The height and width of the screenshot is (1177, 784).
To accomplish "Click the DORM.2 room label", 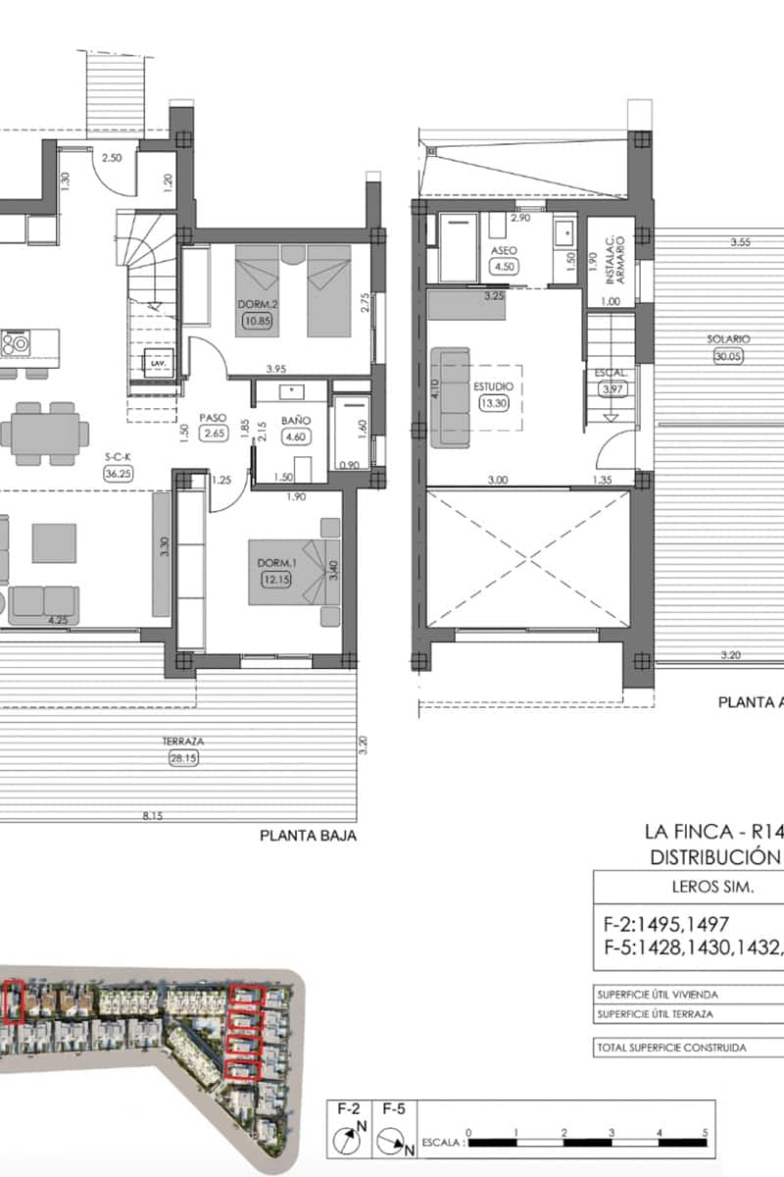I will tap(255, 304).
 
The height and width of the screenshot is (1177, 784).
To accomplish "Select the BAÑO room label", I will tap(295, 420).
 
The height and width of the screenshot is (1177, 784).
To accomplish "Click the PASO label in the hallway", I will tap(213, 417).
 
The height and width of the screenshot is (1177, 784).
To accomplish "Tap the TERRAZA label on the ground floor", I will tap(177, 742).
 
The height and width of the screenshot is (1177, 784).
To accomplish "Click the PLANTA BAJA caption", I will tap(307, 837).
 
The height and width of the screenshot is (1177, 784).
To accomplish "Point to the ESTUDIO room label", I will tap(493, 386).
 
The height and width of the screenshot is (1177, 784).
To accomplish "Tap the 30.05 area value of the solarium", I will tap(728, 357).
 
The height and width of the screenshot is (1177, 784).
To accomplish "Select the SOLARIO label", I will tap(728, 339).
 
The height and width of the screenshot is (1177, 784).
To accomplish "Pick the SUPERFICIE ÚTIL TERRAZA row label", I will tap(655, 1013).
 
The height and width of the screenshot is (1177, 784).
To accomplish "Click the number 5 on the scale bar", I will tap(705, 1132).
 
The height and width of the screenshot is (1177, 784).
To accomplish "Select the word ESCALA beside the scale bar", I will tap(442, 1144).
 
